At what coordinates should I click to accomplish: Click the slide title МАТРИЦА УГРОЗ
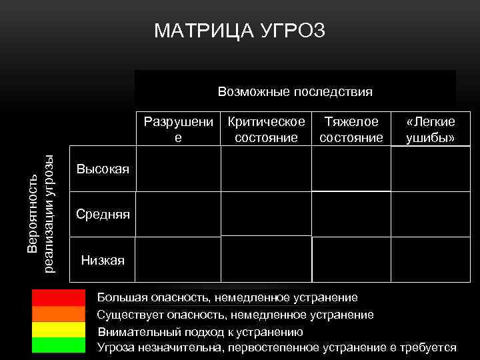point(239,31)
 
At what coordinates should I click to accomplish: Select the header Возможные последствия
point(295,91)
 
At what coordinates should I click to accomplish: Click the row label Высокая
point(103,169)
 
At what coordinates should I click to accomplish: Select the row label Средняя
point(103,214)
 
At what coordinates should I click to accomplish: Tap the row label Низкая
point(103,260)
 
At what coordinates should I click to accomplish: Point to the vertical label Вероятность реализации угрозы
point(40,212)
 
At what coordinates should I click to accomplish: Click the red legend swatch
point(59,297)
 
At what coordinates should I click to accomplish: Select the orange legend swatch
point(59,313)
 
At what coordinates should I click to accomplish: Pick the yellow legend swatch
point(59,329)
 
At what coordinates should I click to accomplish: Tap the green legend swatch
point(59,345)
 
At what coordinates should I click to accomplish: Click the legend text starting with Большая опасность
point(227,297)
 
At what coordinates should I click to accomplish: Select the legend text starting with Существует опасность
point(235,314)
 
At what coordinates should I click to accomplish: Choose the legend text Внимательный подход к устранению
point(200,331)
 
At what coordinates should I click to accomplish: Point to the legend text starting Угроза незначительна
point(277,347)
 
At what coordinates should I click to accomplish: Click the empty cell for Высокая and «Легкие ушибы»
point(430,169)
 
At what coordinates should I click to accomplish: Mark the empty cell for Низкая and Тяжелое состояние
point(351,260)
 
